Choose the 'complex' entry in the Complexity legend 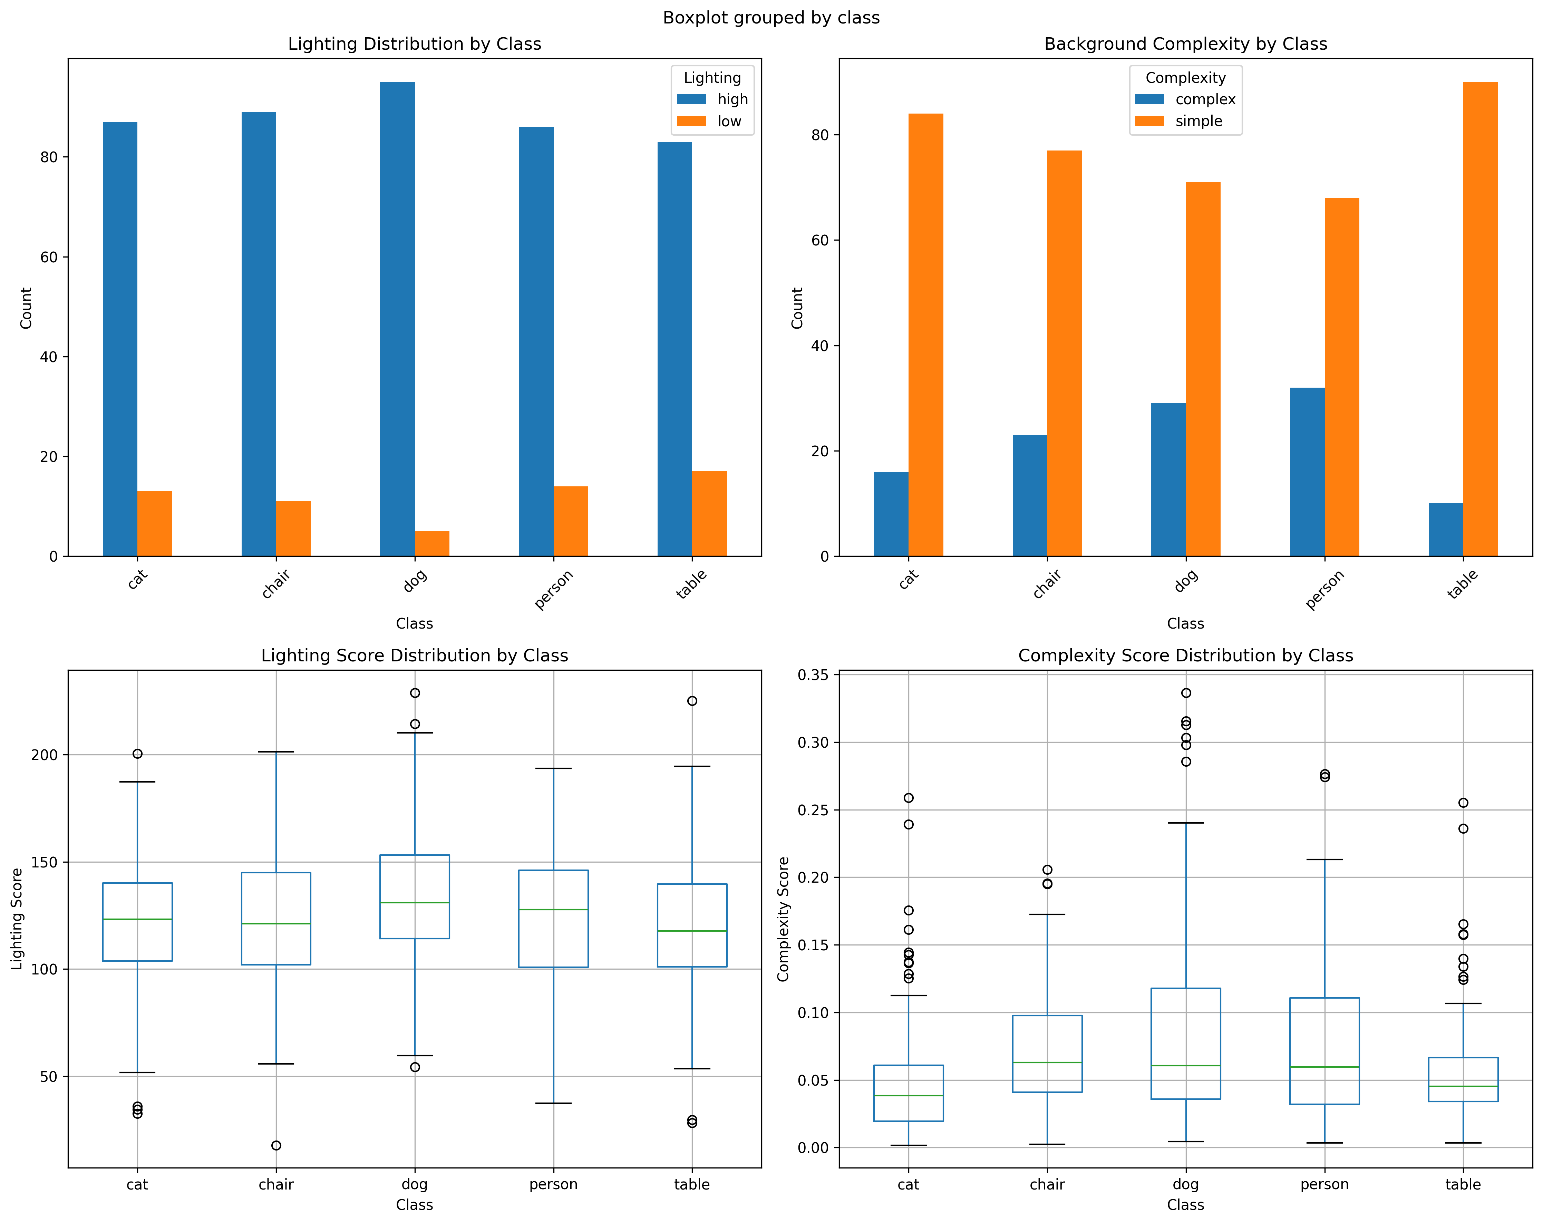point(1205,99)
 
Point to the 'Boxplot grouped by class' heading point(771,18)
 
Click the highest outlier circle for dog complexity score point(1186,693)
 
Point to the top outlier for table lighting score point(692,701)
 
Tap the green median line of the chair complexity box point(1047,1063)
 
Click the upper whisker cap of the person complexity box point(1325,860)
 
